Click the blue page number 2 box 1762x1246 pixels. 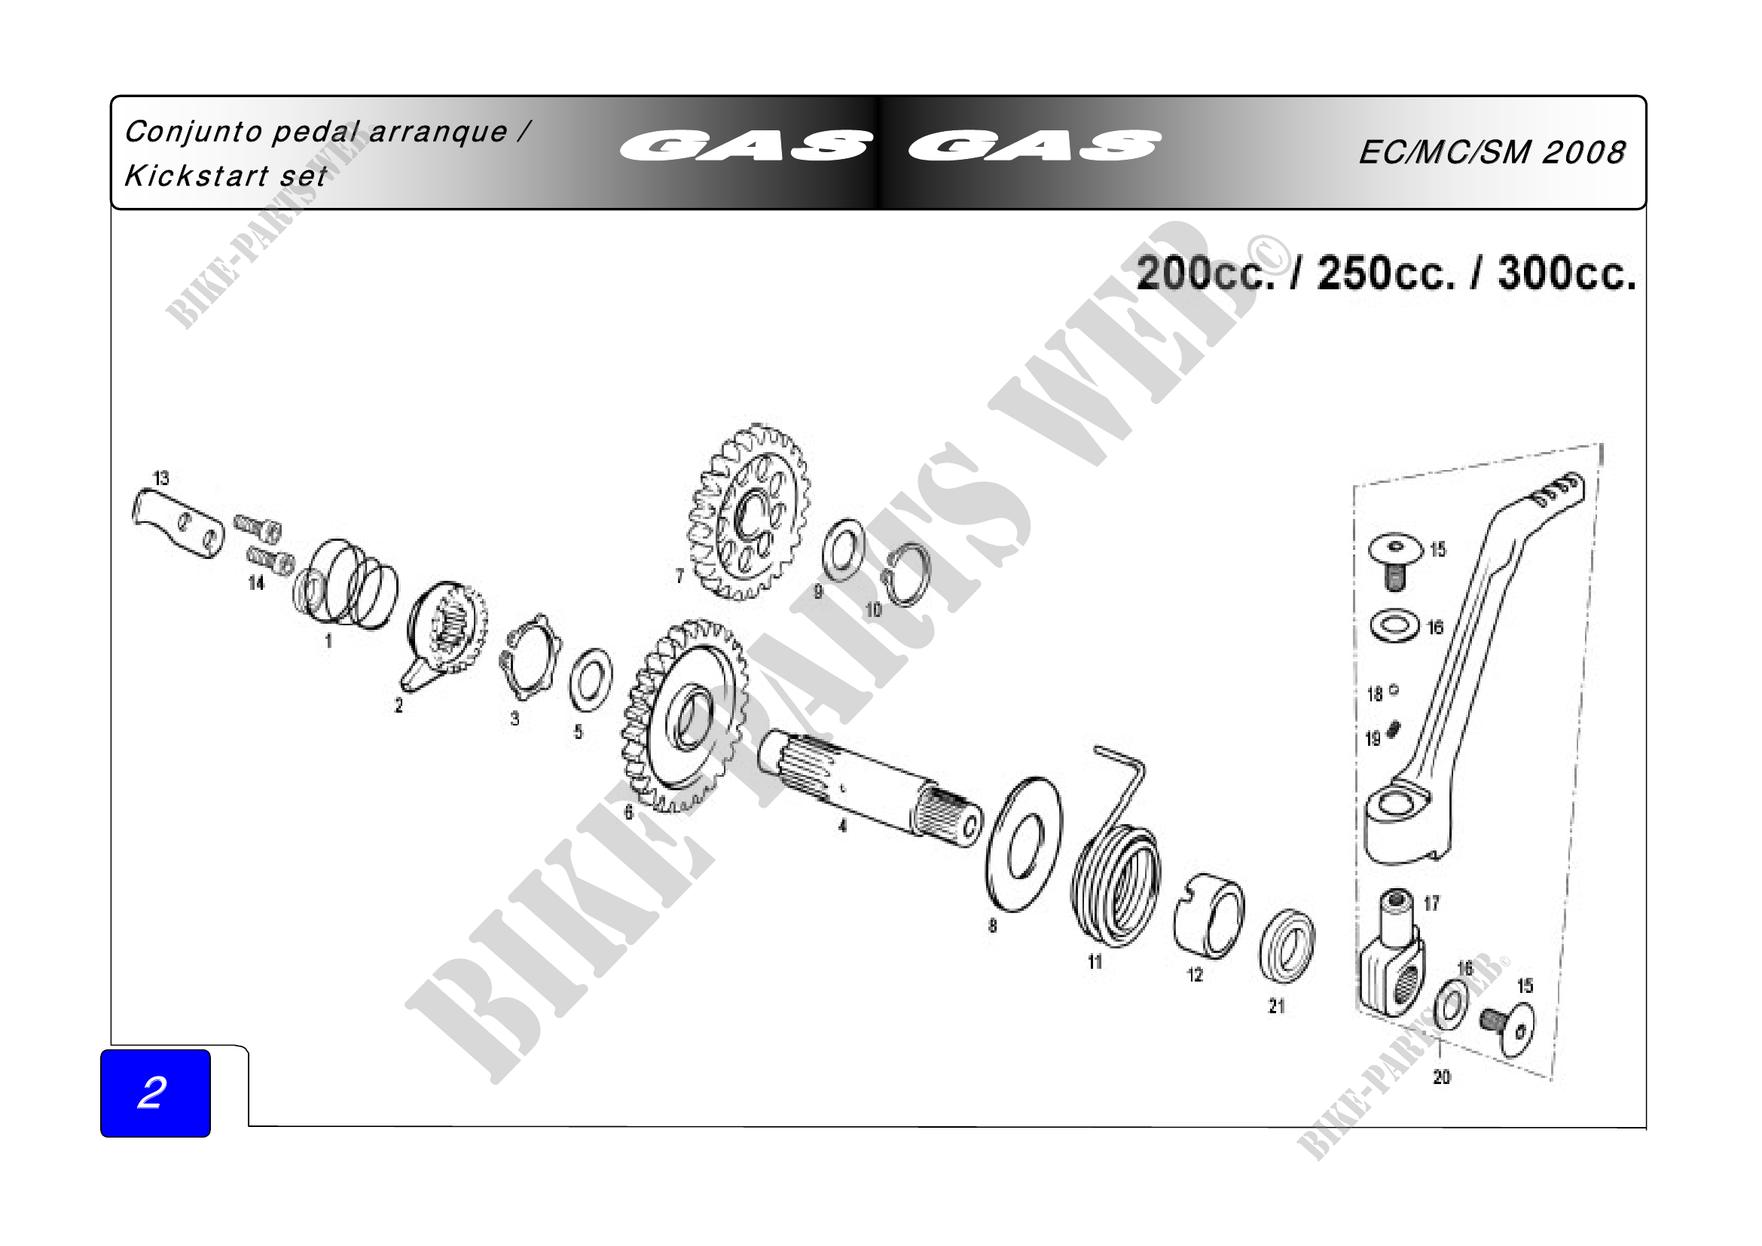(x=155, y=1092)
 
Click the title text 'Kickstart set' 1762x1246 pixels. (x=226, y=176)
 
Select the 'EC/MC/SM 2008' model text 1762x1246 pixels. (x=1492, y=152)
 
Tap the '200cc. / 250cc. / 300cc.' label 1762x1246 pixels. (x=1386, y=273)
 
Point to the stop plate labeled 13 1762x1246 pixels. (x=178, y=524)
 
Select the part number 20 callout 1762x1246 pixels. (x=1442, y=1077)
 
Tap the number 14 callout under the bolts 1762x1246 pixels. (x=256, y=583)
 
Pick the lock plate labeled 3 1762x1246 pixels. (x=531, y=657)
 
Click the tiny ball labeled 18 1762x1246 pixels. (x=1394, y=690)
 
